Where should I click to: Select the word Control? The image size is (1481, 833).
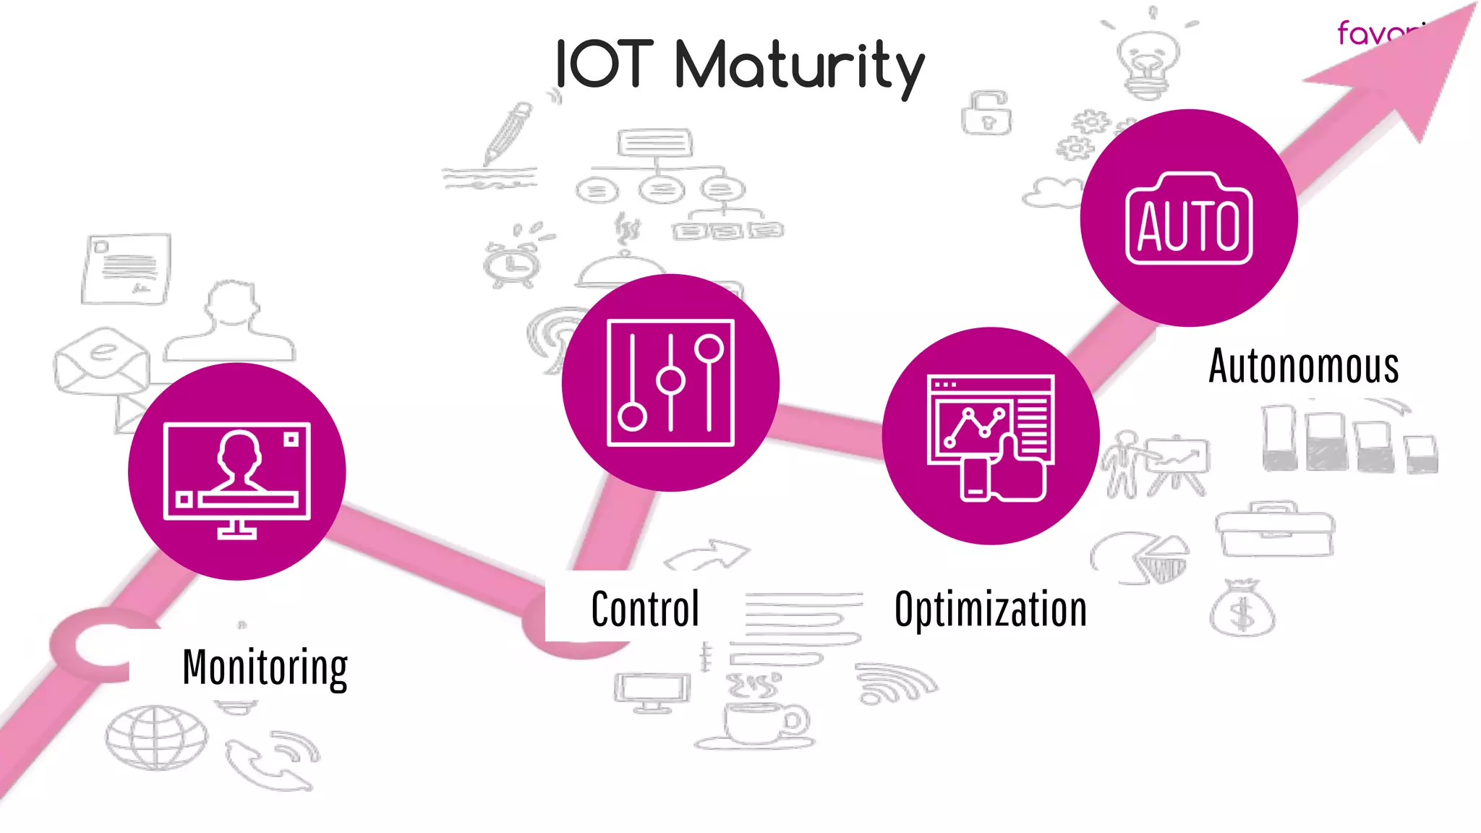pyautogui.click(x=645, y=609)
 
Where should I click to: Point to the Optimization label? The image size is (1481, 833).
pyautogui.click(x=991, y=610)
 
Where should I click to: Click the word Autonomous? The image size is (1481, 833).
pyautogui.click(x=1304, y=366)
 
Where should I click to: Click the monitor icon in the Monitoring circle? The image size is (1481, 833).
pyautogui.click(x=237, y=477)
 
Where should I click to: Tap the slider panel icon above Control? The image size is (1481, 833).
pyautogui.click(x=670, y=383)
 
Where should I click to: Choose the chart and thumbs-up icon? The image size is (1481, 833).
pyautogui.click(x=991, y=437)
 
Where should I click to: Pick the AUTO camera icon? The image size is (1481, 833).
pyautogui.click(x=1189, y=218)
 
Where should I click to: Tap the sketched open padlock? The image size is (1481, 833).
pyautogui.click(x=986, y=113)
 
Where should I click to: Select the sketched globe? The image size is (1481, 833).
pyautogui.click(x=156, y=738)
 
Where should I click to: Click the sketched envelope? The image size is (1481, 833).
pyautogui.click(x=101, y=362)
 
